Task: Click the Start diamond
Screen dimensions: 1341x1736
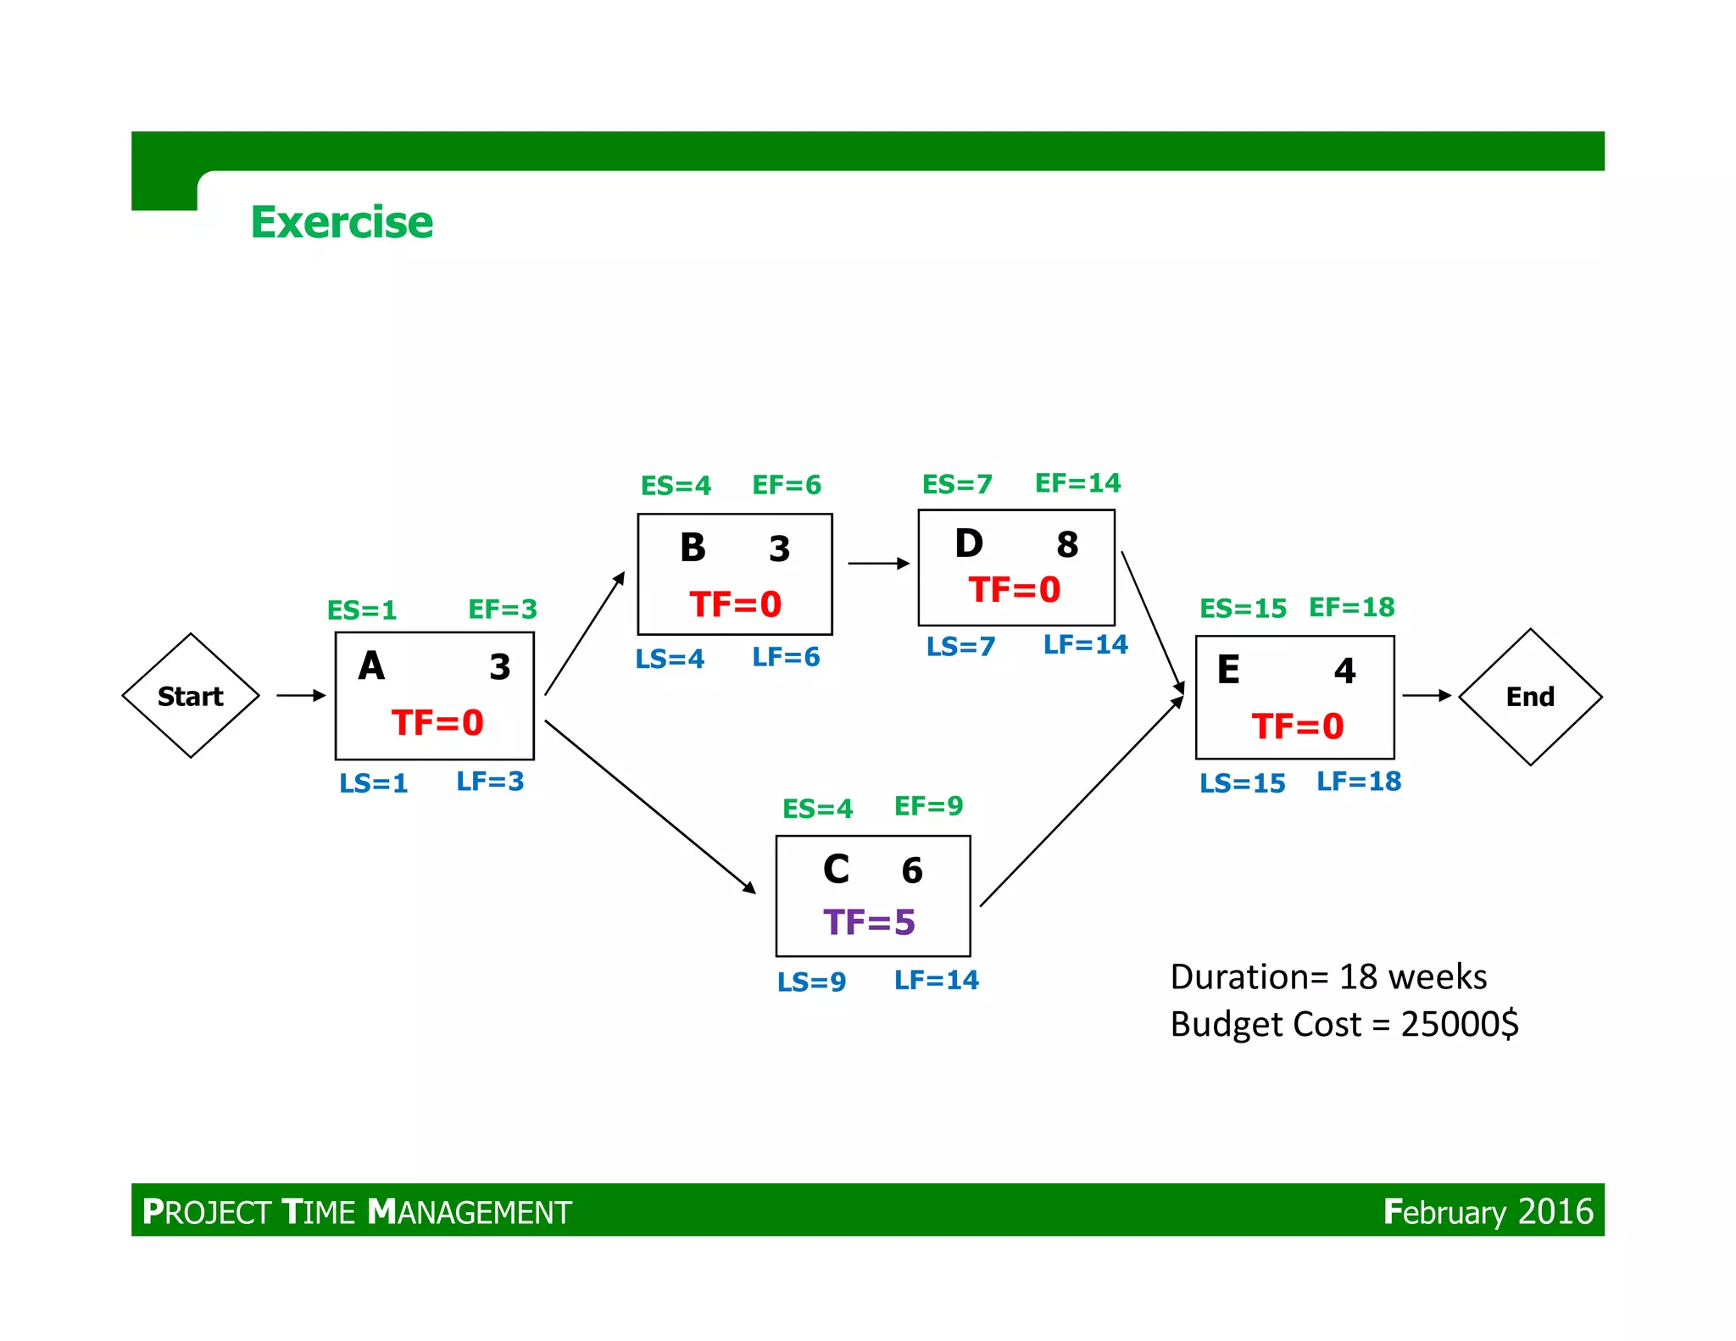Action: [x=191, y=696]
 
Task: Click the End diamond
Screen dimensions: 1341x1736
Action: [x=1530, y=697]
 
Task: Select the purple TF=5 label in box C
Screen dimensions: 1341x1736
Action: [x=869, y=922]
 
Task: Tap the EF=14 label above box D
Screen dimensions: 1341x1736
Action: [x=1077, y=483]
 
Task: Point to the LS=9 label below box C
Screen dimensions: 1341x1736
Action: [x=811, y=982]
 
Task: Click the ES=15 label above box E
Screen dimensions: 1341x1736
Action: [x=1243, y=608]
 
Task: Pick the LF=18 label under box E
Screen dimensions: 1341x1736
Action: [x=1359, y=782]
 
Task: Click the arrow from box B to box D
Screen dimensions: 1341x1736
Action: [x=878, y=563]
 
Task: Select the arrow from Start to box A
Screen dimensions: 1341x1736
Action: [x=301, y=696]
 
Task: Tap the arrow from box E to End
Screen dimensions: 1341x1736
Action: [x=1427, y=695]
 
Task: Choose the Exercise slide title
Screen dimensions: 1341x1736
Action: [x=342, y=222]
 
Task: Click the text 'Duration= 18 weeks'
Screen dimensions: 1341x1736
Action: [x=1328, y=977]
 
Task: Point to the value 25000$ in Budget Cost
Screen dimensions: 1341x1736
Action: [x=1460, y=1024]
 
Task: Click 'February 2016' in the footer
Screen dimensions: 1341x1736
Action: [x=1488, y=1211]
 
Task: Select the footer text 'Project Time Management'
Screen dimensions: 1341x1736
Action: [x=357, y=1212]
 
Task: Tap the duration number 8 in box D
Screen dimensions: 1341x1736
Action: [x=1067, y=545]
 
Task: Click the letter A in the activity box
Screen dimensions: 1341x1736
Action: [x=371, y=666]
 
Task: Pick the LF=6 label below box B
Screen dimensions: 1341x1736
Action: [x=786, y=657]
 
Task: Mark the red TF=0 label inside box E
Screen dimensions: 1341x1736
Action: [x=1298, y=726]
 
